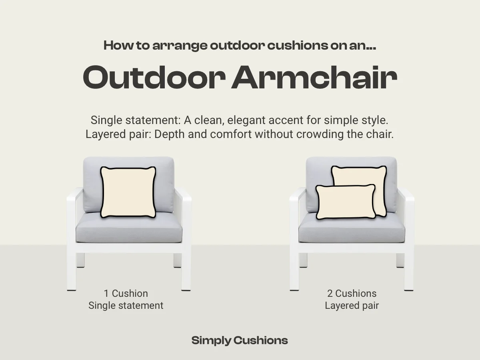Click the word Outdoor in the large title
pos(152,78)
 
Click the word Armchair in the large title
pos(314,78)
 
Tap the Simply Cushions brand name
pos(240,340)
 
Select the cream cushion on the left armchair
pos(128,192)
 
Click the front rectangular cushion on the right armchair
pos(346,202)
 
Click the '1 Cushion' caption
pos(126,293)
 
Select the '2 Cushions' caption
pos(352,293)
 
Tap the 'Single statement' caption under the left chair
pos(126,306)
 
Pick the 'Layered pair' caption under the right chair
pos(352,306)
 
